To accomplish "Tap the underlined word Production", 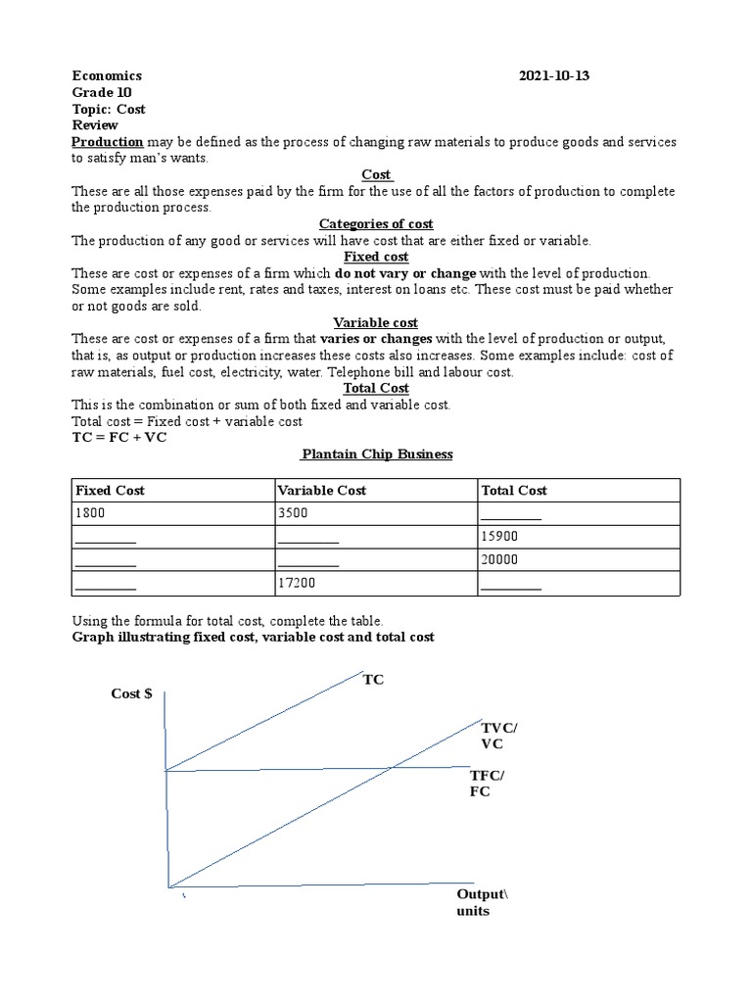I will click(108, 142).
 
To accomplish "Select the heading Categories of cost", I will click(376, 224).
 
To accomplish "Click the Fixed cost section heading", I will click(376, 257).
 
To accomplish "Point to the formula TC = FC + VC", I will click(119, 437).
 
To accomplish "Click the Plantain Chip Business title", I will click(377, 454).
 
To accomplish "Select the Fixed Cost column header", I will click(109, 490).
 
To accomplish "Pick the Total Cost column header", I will click(514, 490).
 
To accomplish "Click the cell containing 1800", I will click(91, 513).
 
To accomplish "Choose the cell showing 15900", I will click(499, 537).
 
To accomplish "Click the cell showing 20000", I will click(499, 560).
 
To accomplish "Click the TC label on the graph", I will click(373, 680).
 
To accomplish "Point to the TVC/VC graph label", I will click(500, 735).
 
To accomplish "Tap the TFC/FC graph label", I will click(488, 784).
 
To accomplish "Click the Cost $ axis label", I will click(131, 693).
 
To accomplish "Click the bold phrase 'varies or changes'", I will click(376, 339).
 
